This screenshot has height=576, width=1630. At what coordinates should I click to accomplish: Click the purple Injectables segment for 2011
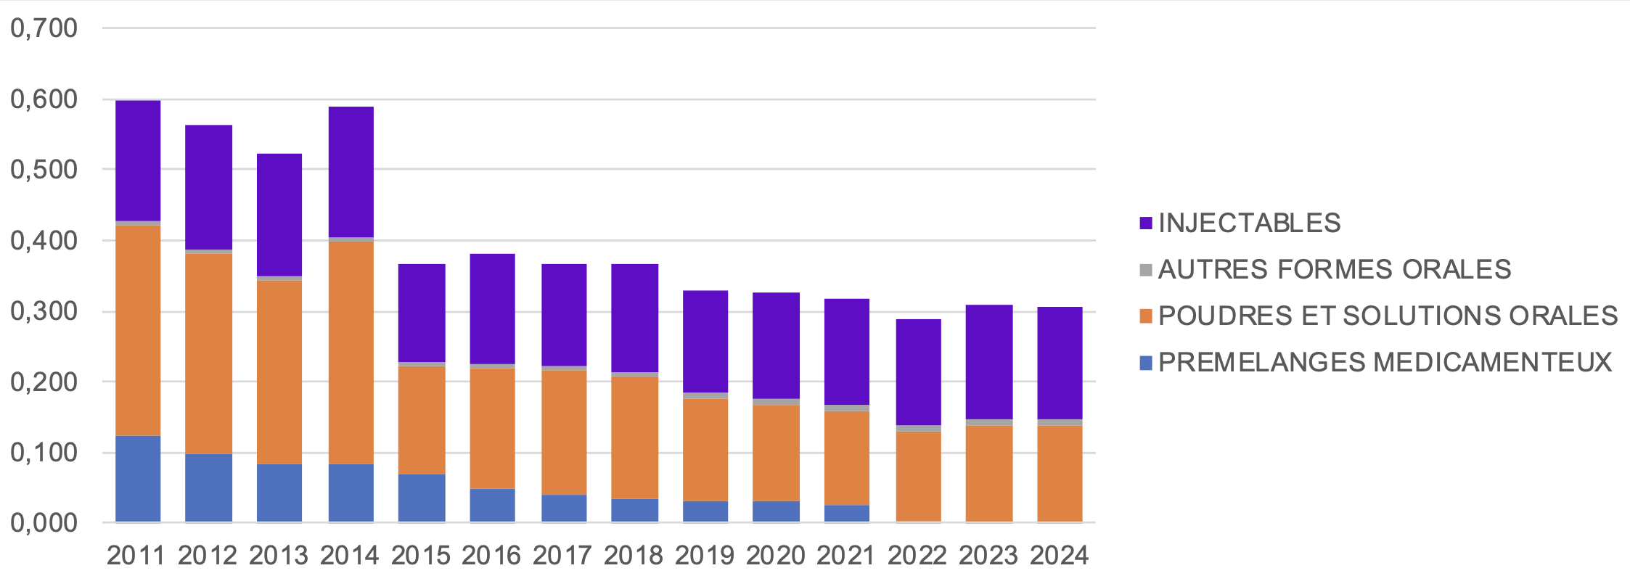tap(138, 160)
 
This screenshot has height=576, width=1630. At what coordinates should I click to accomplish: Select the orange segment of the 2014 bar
tap(351, 353)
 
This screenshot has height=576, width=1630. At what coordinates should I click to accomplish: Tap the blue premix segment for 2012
tap(208, 487)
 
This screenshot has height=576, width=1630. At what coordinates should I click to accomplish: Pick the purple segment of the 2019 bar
tap(705, 341)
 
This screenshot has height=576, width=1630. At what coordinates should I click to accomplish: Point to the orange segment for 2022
tap(918, 476)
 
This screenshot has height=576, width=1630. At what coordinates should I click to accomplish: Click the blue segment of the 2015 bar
tap(422, 498)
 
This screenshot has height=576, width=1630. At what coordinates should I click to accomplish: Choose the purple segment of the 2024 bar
tap(1060, 363)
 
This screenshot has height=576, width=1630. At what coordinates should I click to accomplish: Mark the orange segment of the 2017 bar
tap(564, 432)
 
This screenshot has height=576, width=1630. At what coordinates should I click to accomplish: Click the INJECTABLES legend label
tap(1249, 223)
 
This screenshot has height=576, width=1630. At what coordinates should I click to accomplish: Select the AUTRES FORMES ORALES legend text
tap(1334, 269)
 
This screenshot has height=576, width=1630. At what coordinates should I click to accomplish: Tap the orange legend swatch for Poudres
tap(1146, 316)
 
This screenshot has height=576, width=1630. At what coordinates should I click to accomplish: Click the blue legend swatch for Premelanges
tap(1146, 363)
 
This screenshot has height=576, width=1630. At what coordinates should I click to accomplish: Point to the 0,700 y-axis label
tap(44, 28)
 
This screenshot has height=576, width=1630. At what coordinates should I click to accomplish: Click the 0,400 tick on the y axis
tap(44, 240)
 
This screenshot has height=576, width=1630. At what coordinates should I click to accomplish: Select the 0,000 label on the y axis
tap(44, 522)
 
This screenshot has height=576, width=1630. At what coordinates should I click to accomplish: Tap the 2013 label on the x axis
tap(279, 556)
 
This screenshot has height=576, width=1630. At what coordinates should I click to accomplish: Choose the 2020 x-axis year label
tap(775, 556)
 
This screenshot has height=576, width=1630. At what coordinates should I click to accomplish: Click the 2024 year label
tap(1059, 556)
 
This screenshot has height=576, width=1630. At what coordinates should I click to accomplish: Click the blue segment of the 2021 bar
tap(846, 513)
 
